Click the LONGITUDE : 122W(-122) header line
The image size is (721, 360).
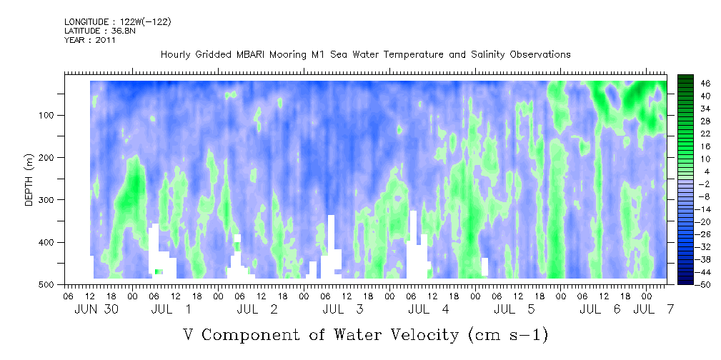tap(118, 21)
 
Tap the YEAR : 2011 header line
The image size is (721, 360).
tap(89, 40)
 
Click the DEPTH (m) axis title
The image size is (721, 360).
tap(29, 180)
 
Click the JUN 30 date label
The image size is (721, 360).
tap(96, 309)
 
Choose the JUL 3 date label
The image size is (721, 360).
tap(343, 309)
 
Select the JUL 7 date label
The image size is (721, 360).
tap(653, 309)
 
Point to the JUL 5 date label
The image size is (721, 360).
tap(514, 309)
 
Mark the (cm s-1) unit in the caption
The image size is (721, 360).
tap(507, 335)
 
